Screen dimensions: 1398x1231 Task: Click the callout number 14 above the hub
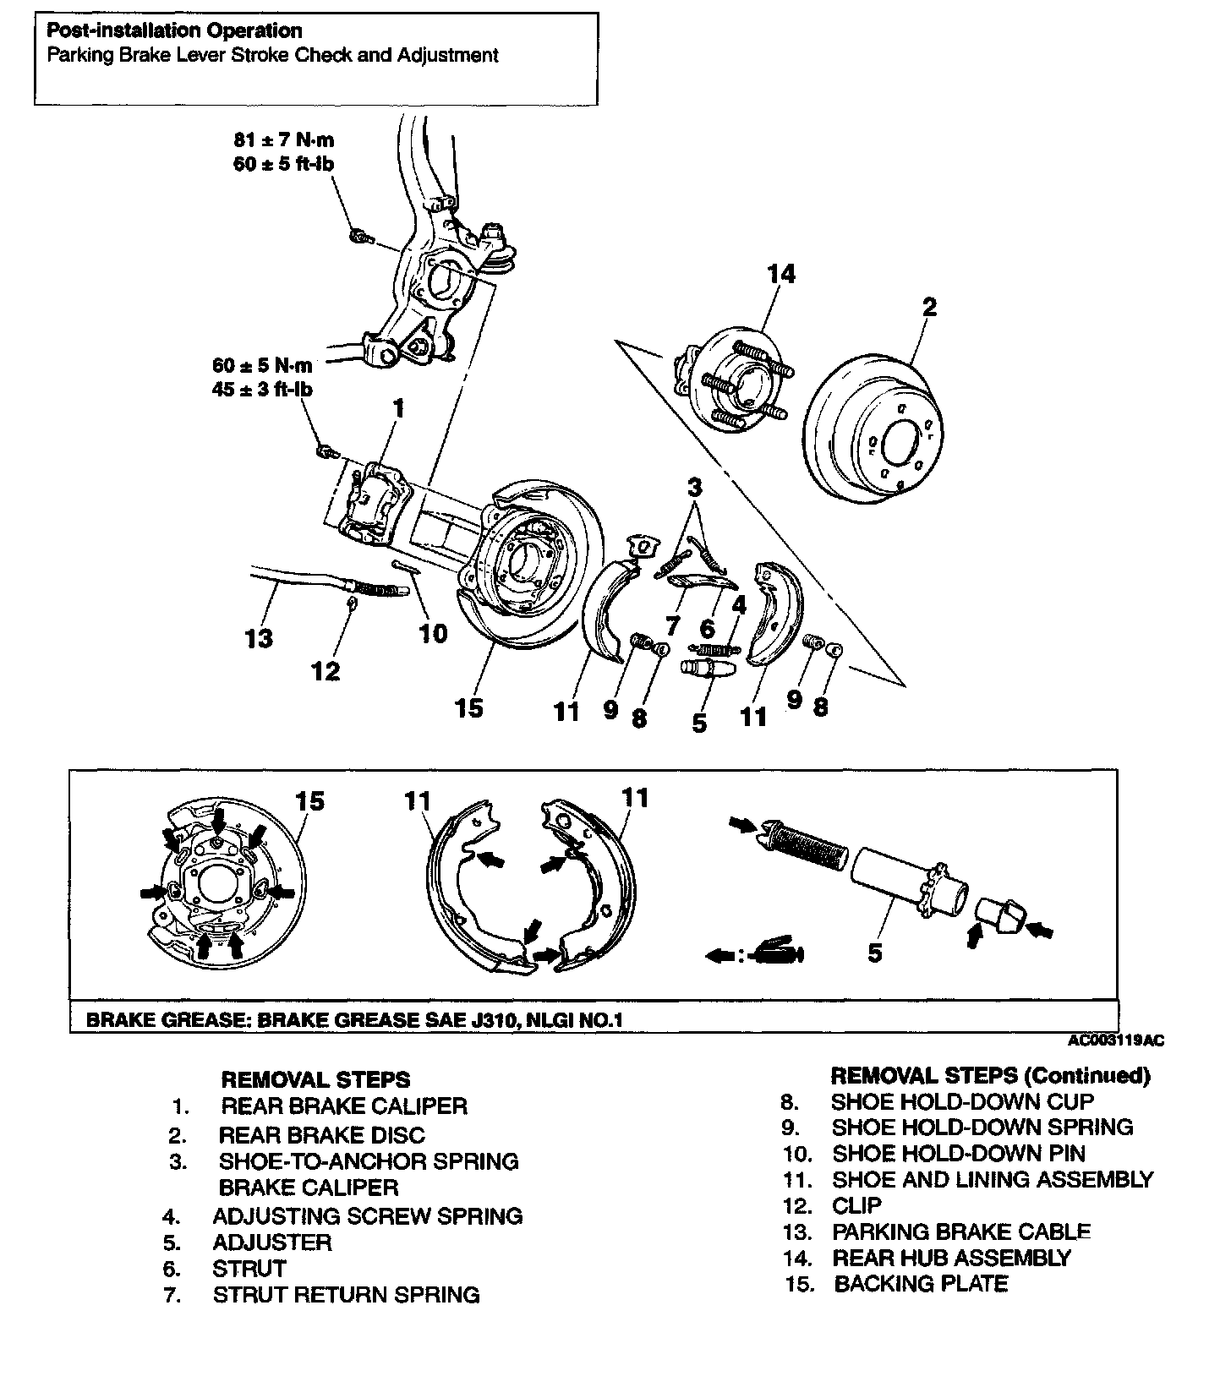(781, 274)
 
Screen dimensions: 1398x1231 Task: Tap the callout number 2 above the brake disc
(929, 306)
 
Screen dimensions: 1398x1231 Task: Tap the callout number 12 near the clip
(326, 671)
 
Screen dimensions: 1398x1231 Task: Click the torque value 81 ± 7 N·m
(283, 139)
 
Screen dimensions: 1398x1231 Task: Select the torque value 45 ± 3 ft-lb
(262, 390)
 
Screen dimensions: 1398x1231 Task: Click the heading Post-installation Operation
(173, 31)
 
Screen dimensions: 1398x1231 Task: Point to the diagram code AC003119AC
(1115, 1040)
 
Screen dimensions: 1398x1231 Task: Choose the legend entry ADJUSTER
(271, 1242)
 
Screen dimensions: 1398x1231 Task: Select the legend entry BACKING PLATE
(921, 1284)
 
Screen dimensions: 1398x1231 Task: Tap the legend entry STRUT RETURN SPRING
(346, 1295)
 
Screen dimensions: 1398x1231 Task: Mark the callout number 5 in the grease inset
(875, 953)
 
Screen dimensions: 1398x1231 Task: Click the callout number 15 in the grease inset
(310, 800)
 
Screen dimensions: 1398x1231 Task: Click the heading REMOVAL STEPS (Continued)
(990, 1075)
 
